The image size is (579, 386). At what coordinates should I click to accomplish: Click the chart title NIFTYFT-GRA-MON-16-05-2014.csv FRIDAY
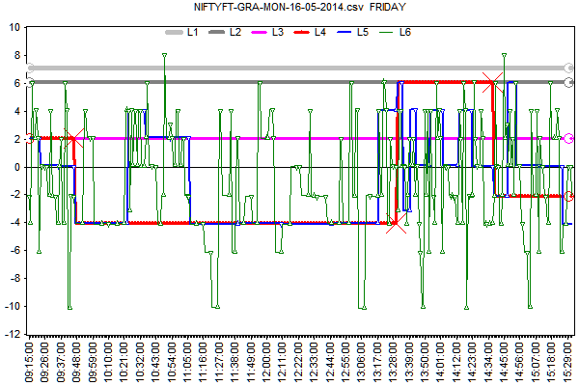point(289,7)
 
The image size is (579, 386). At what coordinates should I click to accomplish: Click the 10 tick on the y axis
point(15,27)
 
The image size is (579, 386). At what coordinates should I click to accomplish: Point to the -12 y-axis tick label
point(14,334)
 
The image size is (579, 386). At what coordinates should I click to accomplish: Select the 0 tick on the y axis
point(18,167)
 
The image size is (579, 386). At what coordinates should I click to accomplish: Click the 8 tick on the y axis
point(18,55)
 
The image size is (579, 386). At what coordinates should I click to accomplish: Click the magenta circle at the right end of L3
point(569,138)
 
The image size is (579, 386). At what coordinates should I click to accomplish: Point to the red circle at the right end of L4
point(569,196)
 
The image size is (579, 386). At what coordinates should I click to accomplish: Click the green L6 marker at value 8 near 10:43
point(165,55)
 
